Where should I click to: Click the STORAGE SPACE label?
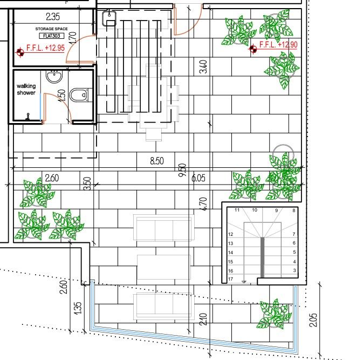tap(51, 29)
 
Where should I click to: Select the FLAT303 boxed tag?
tap(52, 36)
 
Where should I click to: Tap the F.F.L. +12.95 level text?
tap(45, 48)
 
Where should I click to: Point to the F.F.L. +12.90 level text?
tap(278, 44)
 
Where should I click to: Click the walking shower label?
tap(26, 90)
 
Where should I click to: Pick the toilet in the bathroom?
tap(79, 95)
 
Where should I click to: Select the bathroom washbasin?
tap(54, 76)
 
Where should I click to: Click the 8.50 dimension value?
tap(157, 161)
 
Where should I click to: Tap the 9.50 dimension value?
tap(182, 170)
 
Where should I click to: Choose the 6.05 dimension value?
tap(198, 178)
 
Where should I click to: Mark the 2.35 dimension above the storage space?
tap(53, 17)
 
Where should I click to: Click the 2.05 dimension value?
tap(313, 320)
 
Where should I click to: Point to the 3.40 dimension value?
tap(203, 66)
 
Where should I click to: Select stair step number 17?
tap(230, 279)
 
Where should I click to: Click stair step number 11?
tap(237, 210)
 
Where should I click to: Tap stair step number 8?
tap(294, 210)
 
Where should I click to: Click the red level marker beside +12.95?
tap(20, 52)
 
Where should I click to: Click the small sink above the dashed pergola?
tap(109, 18)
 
